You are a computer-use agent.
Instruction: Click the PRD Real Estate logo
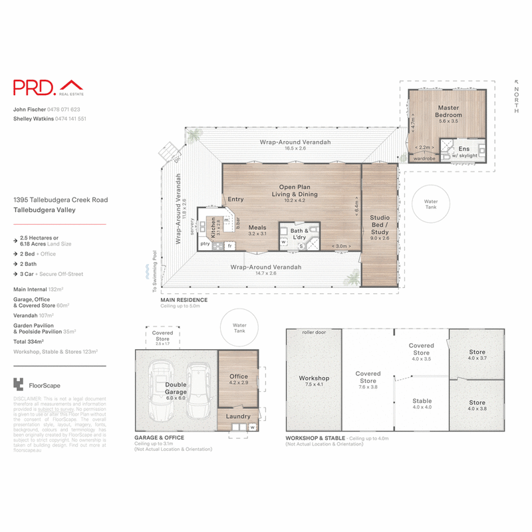click(47, 87)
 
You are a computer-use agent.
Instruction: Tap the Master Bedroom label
click(449, 111)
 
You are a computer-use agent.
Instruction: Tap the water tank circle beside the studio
click(431, 203)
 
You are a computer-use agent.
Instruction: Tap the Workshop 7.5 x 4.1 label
click(314, 381)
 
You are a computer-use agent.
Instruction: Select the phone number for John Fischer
click(66, 109)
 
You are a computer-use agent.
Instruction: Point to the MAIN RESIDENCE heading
click(184, 301)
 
